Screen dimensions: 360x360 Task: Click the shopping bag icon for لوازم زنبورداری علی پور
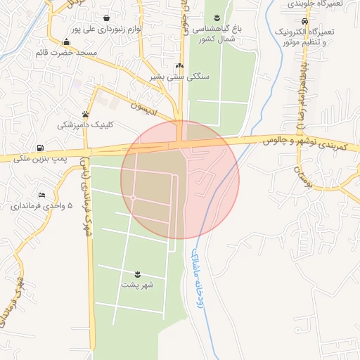[x=106, y=18]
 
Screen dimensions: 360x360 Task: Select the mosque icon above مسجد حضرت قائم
[x=66, y=41]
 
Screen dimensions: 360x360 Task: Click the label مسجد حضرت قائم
[x=67, y=53]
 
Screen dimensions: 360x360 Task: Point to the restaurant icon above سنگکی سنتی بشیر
[x=180, y=65]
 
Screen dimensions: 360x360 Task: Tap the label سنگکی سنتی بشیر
[x=179, y=77]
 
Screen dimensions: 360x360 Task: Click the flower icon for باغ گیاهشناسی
[x=217, y=17]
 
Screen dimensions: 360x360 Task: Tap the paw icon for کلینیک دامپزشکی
[x=86, y=114]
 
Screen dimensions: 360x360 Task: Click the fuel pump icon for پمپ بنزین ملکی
[x=39, y=148]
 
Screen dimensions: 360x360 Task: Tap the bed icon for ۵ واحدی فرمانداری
[x=42, y=194]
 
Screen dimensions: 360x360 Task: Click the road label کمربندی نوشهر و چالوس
[x=307, y=143]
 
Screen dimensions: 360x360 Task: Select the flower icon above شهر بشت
[x=138, y=274]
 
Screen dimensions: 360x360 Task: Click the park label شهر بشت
[x=139, y=285]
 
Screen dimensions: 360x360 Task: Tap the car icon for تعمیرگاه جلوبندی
[x=303, y=21]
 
